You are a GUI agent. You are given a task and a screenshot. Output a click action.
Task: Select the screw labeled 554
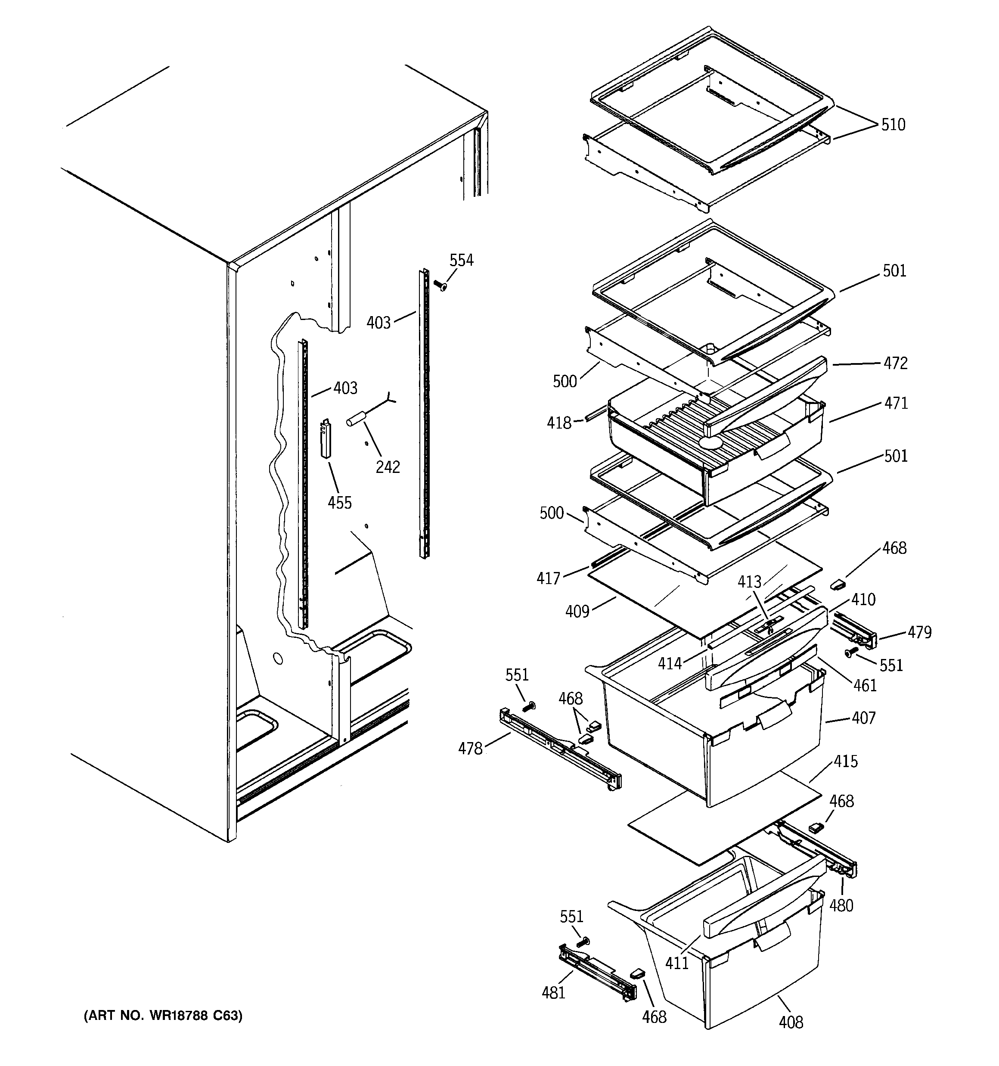[442, 286]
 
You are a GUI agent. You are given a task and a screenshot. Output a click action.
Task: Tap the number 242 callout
[387, 467]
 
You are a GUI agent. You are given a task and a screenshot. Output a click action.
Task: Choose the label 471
[896, 403]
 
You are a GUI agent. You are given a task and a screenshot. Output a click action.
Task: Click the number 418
[559, 423]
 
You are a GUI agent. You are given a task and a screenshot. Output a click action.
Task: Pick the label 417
[548, 578]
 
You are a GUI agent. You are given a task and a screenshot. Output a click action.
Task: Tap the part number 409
[577, 611]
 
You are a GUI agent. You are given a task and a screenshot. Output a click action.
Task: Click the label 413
[749, 582]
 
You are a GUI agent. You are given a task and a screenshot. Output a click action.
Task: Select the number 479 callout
[919, 632]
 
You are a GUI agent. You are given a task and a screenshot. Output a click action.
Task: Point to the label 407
[863, 718]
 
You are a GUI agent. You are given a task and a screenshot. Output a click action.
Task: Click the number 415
[846, 761]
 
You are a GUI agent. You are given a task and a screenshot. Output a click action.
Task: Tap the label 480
[841, 905]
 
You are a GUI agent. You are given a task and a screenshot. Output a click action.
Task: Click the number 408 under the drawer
[791, 1022]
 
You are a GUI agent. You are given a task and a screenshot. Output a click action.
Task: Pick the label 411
[677, 963]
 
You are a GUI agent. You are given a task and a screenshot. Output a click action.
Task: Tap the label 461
[864, 685]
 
